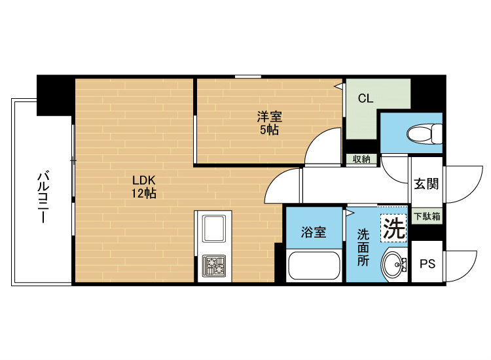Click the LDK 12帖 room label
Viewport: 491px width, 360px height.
click(x=143, y=187)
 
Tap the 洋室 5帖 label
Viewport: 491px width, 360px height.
click(x=268, y=123)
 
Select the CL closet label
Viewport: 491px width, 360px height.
click(x=365, y=99)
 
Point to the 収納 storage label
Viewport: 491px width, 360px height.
click(x=362, y=159)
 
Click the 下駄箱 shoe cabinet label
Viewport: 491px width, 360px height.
click(x=427, y=215)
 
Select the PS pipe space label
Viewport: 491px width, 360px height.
click(x=427, y=264)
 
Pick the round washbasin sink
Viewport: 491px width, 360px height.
click(x=394, y=265)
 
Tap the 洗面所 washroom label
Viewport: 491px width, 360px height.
click(x=363, y=246)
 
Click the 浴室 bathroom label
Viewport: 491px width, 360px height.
click(x=314, y=232)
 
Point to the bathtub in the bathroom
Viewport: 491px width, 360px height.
click(x=314, y=266)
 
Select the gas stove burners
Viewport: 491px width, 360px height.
click(x=213, y=266)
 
